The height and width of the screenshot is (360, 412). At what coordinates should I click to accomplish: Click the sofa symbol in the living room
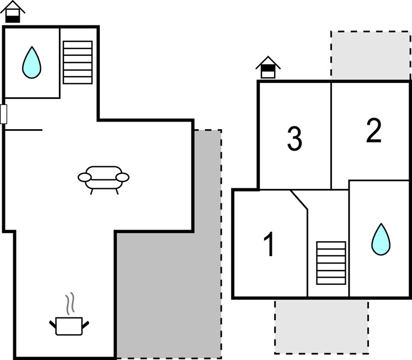[x=104, y=178]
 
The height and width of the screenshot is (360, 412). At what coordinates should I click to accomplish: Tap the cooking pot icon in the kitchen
[x=69, y=325]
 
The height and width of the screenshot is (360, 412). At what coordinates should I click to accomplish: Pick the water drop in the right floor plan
[x=380, y=239]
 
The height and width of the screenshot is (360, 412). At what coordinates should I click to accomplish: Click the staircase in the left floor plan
[x=77, y=62]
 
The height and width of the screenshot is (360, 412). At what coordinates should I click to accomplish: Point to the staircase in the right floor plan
[x=331, y=263]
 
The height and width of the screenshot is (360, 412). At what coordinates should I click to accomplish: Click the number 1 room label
[x=269, y=245]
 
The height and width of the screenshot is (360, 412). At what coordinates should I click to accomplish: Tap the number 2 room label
[x=373, y=131]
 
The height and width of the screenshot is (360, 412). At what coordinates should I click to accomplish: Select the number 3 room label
[x=295, y=139]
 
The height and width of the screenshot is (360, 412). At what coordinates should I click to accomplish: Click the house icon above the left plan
[x=12, y=11]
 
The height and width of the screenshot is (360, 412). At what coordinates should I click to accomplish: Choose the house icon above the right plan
[x=268, y=68]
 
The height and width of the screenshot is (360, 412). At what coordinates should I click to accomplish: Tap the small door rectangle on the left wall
[x=3, y=114]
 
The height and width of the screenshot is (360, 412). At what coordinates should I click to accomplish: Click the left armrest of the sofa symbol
[x=84, y=177]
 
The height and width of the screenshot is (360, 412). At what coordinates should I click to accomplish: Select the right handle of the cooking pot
[x=86, y=323]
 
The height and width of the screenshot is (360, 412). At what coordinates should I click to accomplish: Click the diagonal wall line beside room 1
[x=299, y=200]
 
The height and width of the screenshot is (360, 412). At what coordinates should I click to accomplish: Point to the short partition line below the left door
[x=23, y=130]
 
